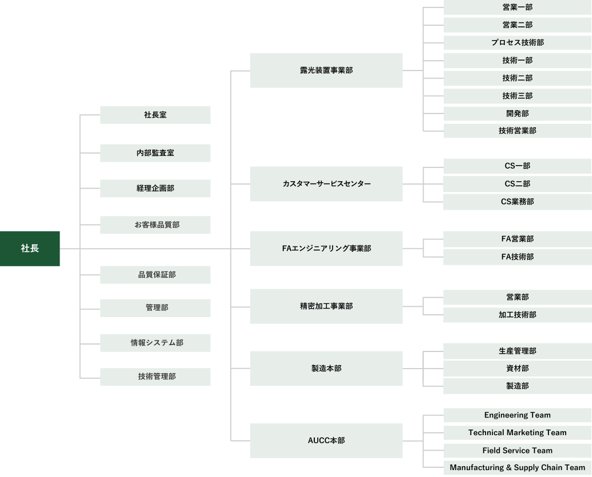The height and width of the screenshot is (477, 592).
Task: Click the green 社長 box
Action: click(30, 249)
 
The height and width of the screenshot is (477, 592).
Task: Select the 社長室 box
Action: click(155, 115)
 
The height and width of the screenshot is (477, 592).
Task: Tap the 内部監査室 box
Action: click(155, 153)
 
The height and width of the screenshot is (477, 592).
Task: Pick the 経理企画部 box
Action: click(155, 189)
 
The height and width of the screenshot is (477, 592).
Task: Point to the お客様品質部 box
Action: click(155, 225)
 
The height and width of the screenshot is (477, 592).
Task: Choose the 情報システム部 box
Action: click(155, 343)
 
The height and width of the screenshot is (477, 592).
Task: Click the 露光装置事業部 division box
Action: click(326, 71)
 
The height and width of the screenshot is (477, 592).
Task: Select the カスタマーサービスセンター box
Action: click(326, 184)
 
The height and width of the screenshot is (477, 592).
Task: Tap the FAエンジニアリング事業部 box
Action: click(326, 249)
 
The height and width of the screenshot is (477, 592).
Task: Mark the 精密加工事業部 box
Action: click(326, 306)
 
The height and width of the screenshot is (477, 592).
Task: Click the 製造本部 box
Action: click(326, 369)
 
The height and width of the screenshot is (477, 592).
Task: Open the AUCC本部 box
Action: click(326, 441)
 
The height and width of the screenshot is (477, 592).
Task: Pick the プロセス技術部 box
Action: click(517, 43)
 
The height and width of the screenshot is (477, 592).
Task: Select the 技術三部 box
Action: click(517, 96)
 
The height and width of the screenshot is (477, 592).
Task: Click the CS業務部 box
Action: click(517, 202)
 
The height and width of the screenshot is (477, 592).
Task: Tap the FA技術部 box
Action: click(517, 257)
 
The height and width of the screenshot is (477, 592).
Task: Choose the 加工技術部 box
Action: click(517, 315)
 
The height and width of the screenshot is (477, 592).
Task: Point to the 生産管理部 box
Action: click(517, 351)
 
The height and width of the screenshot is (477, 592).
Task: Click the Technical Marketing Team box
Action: click(517, 433)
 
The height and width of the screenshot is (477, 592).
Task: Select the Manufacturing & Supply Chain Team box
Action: click(517, 468)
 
